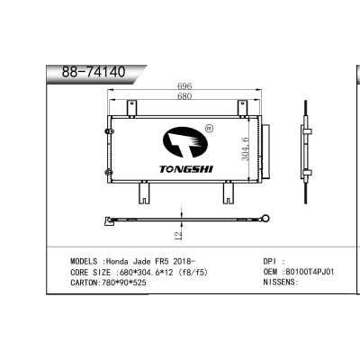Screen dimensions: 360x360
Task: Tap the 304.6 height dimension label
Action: (x=246, y=147)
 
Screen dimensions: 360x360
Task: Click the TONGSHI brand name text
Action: (x=184, y=168)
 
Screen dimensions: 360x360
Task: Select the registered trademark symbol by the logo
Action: (x=209, y=129)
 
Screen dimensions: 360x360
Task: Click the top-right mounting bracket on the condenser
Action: (x=242, y=108)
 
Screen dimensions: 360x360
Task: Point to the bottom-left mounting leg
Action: (x=142, y=192)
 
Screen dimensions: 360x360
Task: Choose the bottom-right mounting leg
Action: (x=225, y=192)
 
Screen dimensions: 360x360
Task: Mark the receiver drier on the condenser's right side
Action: (x=262, y=148)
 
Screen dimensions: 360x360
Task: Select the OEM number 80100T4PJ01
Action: (x=310, y=270)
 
